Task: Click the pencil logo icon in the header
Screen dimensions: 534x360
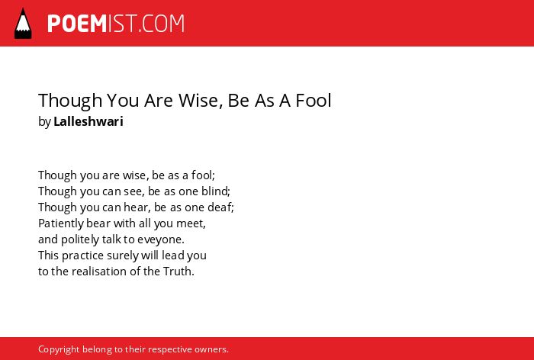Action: click(23, 23)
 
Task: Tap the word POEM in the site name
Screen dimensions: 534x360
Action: click(77, 24)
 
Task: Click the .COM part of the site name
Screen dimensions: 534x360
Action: click(162, 24)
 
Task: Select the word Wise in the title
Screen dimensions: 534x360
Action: click(201, 100)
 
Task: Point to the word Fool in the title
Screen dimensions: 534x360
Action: click(314, 100)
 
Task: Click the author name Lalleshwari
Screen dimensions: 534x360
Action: click(88, 121)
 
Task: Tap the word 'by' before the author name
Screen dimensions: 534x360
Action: click(44, 122)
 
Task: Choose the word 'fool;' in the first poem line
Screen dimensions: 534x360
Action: click(203, 175)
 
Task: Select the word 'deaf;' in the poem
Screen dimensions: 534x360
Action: click(221, 207)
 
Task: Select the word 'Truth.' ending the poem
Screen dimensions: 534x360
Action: click(179, 272)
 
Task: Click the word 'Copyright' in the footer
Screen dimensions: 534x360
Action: click(59, 349)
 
